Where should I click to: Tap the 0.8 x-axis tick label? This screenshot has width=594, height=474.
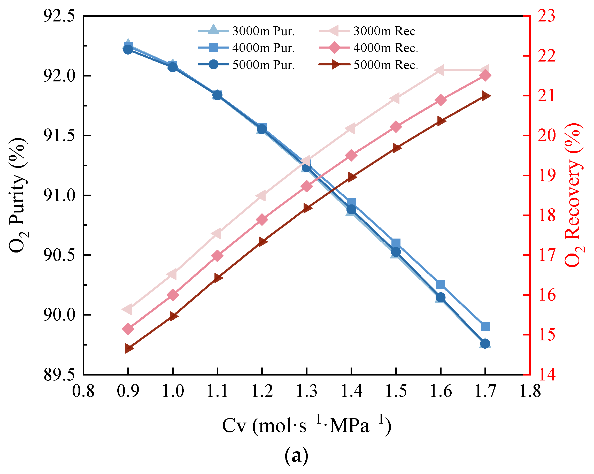83,391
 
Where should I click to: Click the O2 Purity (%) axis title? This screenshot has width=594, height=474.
18,195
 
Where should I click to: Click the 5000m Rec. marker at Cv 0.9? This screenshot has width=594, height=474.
128,348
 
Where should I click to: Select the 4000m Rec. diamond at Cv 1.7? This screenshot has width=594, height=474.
485,75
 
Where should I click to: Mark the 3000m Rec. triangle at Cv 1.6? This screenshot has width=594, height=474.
440,70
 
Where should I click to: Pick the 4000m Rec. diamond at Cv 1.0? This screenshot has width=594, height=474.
173,295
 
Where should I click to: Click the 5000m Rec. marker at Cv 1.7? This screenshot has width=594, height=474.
485,96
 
